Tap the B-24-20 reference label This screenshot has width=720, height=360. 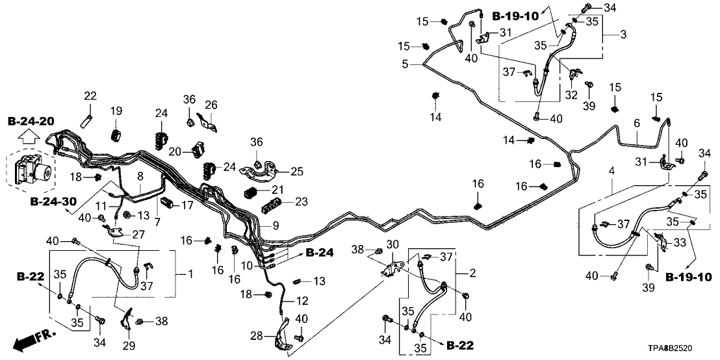click(x=31, y=122)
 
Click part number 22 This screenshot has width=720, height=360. click(x=90, y=96)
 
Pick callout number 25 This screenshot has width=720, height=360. click(x=297, y=172)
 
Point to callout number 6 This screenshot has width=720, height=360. click(x=637, y=123)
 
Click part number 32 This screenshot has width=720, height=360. click(x=571, y=95)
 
